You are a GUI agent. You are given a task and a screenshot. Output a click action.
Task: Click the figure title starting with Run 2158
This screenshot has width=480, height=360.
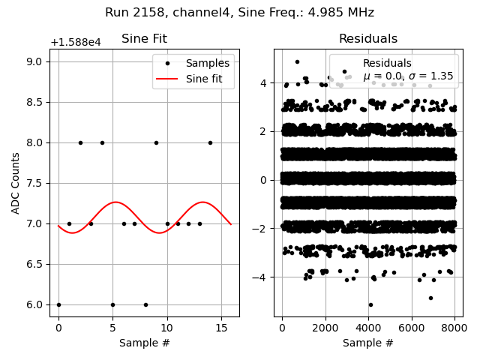[x=239, y=13]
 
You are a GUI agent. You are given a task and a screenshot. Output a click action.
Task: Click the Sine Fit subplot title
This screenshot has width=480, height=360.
[x=144, y=39]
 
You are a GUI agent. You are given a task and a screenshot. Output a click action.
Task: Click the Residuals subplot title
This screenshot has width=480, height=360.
[x=367, y=39]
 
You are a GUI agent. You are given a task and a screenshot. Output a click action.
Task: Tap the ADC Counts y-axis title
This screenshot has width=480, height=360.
[x=16, y=183]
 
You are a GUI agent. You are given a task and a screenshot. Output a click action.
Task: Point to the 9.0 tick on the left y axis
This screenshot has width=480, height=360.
[x=37, y=61]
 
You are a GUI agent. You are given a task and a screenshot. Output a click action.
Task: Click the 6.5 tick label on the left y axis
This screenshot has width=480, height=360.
[x=37, y=264]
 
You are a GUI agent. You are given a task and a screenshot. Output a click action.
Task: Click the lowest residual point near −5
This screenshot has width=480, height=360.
[x=370, y=304]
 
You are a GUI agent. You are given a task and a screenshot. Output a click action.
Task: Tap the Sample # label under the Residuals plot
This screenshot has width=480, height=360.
[x=367, y=343]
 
